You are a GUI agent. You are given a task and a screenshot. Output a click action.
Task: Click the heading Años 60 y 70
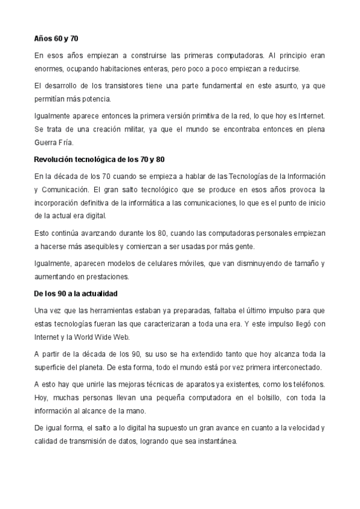[x=56, y=38]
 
